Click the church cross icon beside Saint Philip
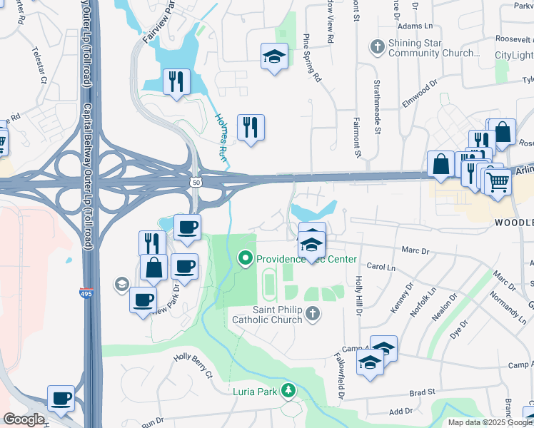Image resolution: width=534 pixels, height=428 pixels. coord(311,314)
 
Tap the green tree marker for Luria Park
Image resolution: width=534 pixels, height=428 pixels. coord(288,391)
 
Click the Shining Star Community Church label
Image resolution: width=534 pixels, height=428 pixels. coord(433,48)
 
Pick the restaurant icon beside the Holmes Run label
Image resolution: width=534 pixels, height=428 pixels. coord(250,128)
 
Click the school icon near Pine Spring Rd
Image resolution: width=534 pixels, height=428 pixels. coord(273,56)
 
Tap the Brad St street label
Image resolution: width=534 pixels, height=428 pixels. coord(423,393)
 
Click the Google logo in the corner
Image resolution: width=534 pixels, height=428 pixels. coord(24,419)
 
